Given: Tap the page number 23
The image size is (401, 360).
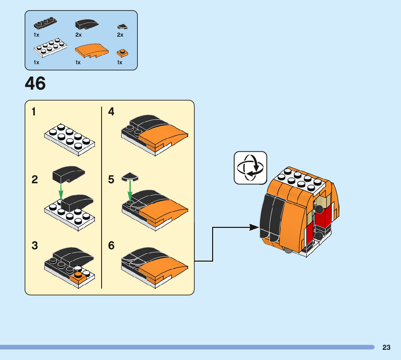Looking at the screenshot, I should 386,347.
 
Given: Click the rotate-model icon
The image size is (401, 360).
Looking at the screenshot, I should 250,168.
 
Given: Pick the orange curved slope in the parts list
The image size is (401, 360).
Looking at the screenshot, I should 91,51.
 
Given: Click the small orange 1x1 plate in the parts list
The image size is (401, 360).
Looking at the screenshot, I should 122,53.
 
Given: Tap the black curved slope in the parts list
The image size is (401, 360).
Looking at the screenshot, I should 86,24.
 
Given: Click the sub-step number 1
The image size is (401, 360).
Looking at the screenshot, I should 34,112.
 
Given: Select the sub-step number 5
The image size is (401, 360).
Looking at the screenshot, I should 111,180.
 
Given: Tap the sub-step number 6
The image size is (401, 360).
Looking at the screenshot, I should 111,246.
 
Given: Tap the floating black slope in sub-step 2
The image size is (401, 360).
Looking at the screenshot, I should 68,174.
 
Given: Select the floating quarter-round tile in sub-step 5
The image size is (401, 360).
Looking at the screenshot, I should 129,177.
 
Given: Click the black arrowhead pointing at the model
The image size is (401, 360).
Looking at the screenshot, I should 255,228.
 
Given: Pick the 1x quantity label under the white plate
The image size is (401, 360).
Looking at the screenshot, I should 36,62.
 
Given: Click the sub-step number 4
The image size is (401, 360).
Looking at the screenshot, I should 111,112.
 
